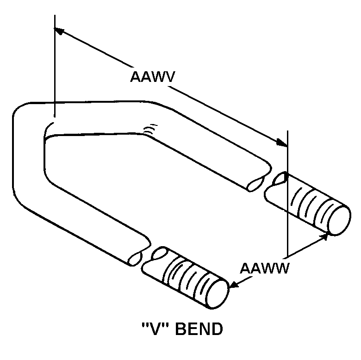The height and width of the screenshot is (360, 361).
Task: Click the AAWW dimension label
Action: [264, 268]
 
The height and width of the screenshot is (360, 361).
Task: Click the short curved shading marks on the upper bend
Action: [149, 131]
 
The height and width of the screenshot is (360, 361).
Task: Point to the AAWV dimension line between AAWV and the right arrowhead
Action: [227, 116]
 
